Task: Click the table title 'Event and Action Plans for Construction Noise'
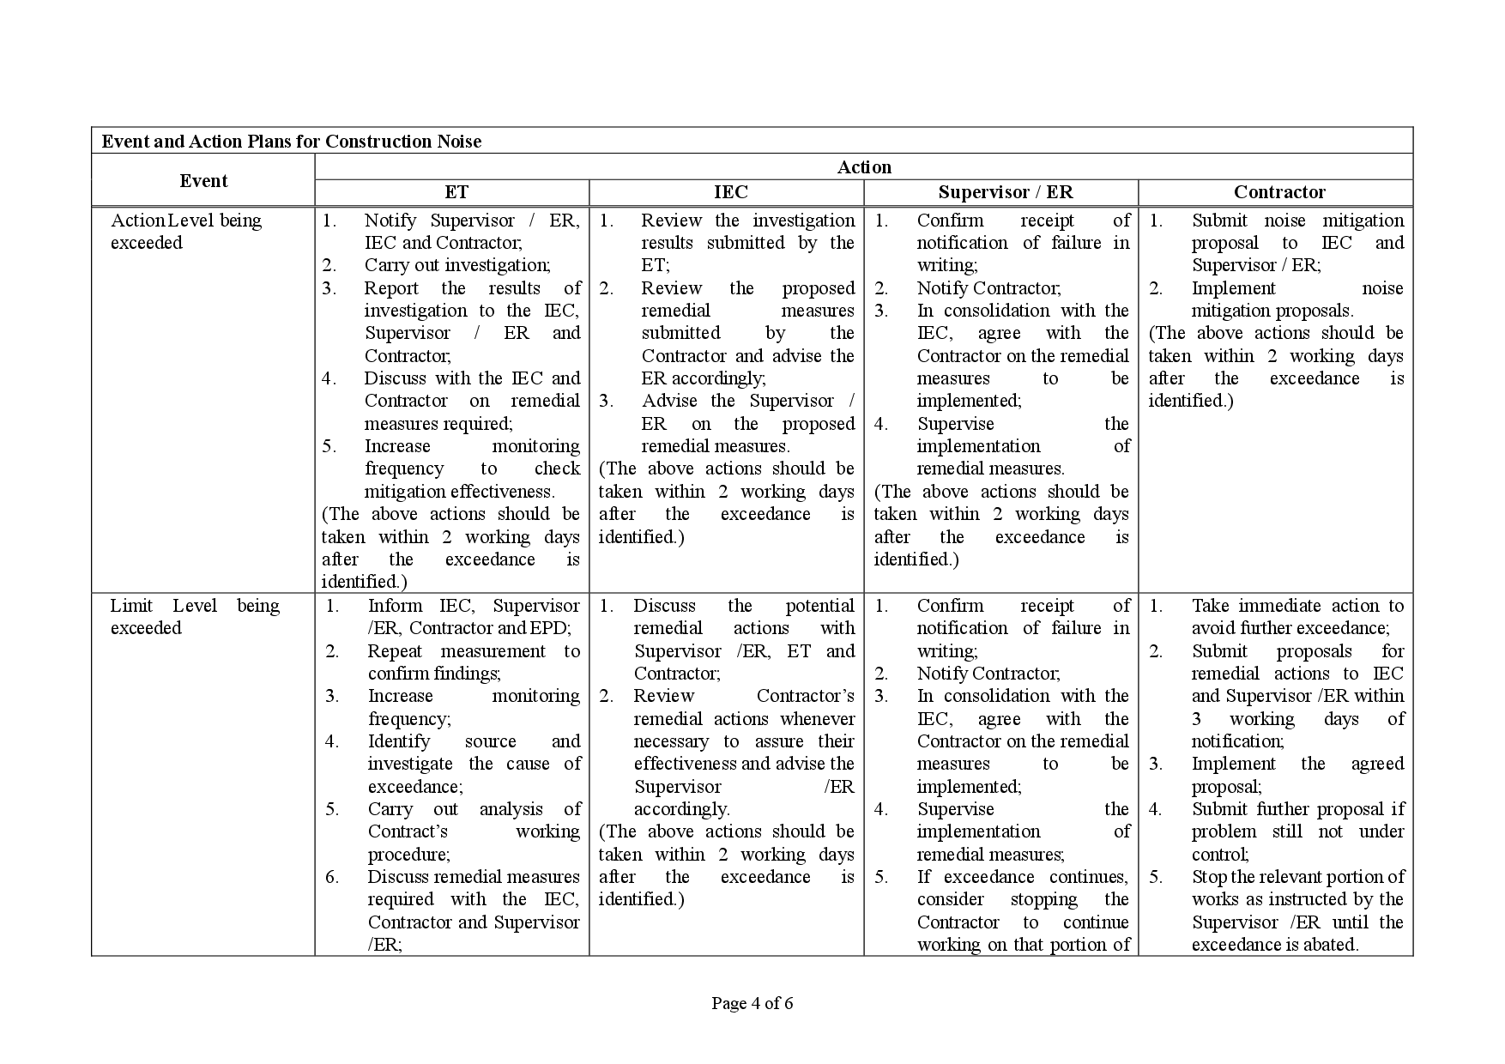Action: [292, 142]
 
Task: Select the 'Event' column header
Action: [203, 181]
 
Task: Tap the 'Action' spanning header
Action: [864, 167]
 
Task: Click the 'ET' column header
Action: [456, 192]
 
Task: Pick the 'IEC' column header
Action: [730, 192]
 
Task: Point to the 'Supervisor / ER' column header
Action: [1005, 192]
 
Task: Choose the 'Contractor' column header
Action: [1278, 192]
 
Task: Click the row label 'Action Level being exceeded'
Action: [186, 232]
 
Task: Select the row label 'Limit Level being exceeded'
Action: [195, 617]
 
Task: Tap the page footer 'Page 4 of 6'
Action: [752, 1003]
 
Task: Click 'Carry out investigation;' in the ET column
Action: [457, 265]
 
